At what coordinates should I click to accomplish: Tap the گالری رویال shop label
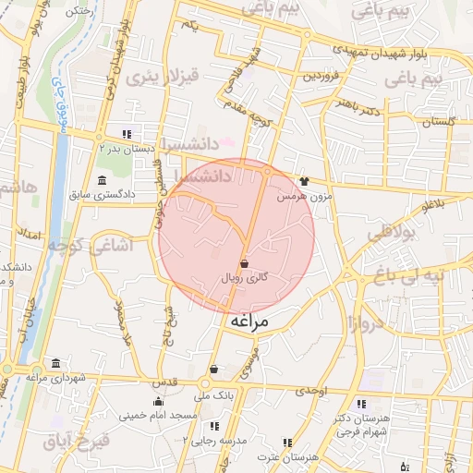coord(245,277)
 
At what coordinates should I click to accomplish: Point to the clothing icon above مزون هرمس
coord(304,182)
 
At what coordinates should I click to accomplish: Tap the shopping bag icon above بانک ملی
coord(213,369)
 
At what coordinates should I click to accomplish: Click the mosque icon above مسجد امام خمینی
coord(159,401)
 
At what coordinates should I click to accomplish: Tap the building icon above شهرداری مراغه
coord(56,362)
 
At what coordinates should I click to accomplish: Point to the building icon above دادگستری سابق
coord(101,179)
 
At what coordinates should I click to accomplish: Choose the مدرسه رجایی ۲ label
coord(216,440)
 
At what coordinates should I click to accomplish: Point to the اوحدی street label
coord(311,392)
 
